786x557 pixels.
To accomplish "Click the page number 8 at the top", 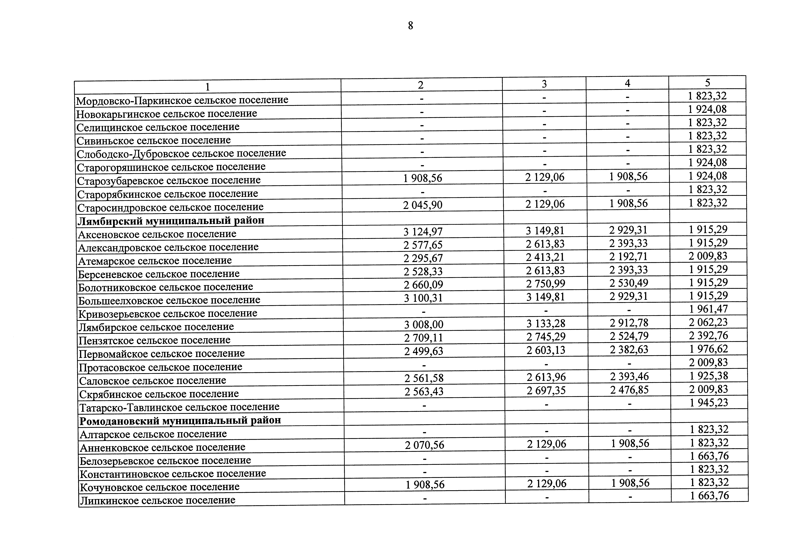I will pos(410,26).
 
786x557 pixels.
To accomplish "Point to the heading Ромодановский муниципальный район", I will pos(180,420).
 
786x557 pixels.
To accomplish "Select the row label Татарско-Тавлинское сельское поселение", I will pos(179,407).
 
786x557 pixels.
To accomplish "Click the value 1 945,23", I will pos(709,402).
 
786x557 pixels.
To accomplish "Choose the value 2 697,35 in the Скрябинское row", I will pos(546,390).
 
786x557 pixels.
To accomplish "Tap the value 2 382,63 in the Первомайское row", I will pos(629,350).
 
